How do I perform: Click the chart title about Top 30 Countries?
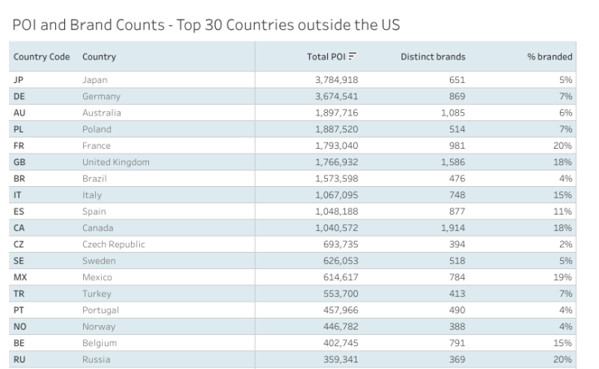207,24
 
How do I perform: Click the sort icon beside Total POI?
353,57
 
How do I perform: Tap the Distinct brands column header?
433,57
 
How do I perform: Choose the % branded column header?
549,57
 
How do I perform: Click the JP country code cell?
19,80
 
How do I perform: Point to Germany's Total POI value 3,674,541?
336,97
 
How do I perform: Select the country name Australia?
101,113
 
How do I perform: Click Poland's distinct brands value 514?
456,129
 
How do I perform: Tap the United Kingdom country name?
116,163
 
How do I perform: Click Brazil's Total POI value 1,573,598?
336,179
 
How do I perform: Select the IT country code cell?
17,195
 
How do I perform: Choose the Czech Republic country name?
114,245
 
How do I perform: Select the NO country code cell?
20,327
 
